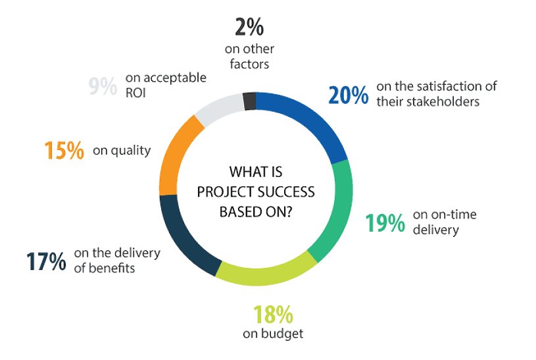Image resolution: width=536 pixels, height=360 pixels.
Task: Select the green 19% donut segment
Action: (x=333, y=211)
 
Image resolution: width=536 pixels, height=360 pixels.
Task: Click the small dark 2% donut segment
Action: (x=249, y=101)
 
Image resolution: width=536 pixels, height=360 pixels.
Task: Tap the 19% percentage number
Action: (x=385, y=223)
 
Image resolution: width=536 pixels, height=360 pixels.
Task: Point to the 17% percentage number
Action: (x=46, y=261)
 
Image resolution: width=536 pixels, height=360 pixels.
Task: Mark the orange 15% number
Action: (x=64, y=151)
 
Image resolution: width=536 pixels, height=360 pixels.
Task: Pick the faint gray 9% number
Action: (x=102, y=87)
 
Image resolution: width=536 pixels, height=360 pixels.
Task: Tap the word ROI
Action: (x=135, y=93)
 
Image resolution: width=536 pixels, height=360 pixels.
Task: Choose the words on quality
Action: (x=122, y=151)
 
